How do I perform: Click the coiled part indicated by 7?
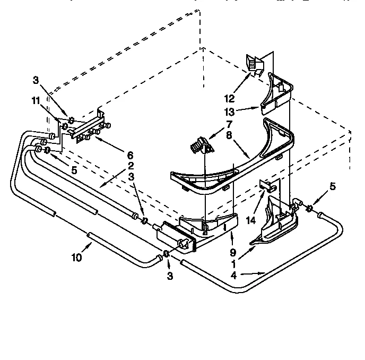coord(198,143)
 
